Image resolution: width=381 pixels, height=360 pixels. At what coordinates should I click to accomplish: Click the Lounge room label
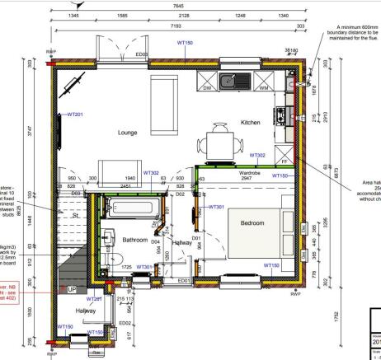pyautogui.click(x=127, y=132)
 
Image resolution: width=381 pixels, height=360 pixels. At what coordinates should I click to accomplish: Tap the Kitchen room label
pyautogui.click(x=250, y=122)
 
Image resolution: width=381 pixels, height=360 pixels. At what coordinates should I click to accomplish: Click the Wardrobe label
pyautogui.click(x=250, y=175)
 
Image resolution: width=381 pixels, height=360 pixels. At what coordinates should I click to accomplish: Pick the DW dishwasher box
pyautogui.click(x=207, y=85)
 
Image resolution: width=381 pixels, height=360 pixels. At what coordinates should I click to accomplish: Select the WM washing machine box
pyautogui.click(x=264, y=85)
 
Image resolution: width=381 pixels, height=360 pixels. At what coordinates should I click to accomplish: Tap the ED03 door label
pyautogui.click(x=141, y=55)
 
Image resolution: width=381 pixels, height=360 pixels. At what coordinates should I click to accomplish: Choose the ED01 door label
pyautogui.click(x=184, y=281)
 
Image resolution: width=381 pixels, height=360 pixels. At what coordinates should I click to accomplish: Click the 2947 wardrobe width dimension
pyautogui.click(x=250, y=181)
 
